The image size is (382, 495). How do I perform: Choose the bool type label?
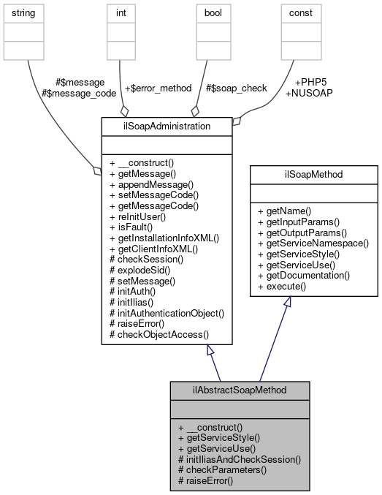pos(205,13)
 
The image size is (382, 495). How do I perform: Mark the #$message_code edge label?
pos(78,94)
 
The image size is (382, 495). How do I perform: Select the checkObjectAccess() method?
pos(158,333)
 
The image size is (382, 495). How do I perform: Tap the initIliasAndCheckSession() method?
pos(240,460)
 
